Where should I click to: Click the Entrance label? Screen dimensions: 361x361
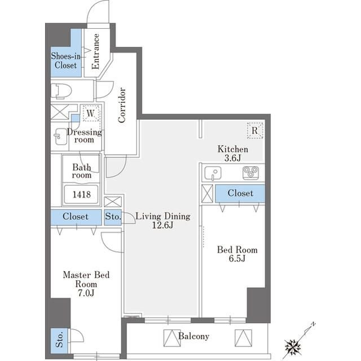click(95, 51)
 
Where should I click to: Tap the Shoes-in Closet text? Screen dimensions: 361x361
click(66, 60)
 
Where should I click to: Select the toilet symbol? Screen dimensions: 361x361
click(61, 92)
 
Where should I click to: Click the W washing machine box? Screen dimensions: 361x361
click(91, 113)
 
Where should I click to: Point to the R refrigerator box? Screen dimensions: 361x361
click(255, 131)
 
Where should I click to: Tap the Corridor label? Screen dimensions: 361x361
click(122, 105)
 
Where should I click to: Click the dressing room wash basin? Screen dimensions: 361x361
click(60, 137)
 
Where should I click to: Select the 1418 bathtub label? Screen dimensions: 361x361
click(82, 194)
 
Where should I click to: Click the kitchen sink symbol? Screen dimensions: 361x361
click(213, 173)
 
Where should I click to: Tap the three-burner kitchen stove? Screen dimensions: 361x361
click(250, 173)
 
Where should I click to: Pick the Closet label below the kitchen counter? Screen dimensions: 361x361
click(240, 193)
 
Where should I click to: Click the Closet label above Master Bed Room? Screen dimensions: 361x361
click(76, 216)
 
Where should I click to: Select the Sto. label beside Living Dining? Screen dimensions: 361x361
click(113, 216)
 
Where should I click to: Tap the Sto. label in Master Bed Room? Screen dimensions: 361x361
click(59, 340)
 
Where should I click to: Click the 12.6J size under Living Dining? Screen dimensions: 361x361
click(162, 225)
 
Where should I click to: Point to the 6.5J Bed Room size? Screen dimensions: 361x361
click(237, 258)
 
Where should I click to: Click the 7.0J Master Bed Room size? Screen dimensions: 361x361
click(86, 293)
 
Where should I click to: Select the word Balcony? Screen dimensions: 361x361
click(194, 336)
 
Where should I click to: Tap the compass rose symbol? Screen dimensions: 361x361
click(293, 346)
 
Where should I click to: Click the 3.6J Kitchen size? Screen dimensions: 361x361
click(233, 158)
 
